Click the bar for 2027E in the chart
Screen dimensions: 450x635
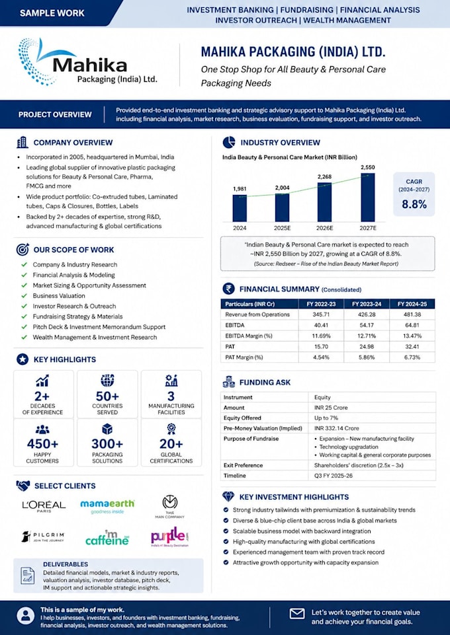(x=368, y=197)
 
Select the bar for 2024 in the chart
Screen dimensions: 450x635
(x=240, y=208)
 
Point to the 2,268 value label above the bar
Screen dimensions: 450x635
(x=324, y=176)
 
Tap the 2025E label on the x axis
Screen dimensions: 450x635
(x=282, y=228)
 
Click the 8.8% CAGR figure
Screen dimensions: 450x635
(x=414, y=204)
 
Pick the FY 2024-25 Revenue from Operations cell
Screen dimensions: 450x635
(x=412, y=315)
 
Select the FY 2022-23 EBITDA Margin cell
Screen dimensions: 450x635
(x=321, y=336)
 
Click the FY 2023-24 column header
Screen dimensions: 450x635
(x=367, y=304)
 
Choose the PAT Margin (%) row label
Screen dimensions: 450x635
(x=244, y=357)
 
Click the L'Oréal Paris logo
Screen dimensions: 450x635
(x=44, y=506)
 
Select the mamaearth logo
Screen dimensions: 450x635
(x=107, y=506)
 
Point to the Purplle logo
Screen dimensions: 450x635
(x=170, y=537)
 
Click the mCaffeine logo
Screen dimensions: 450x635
(x=107, y=538)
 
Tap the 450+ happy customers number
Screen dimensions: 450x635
(x=42, y=444)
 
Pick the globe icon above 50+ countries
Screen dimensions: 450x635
(x=107, y=380)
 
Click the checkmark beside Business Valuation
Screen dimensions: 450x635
(x=24, y=295)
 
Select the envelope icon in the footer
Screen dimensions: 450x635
(x=297, y=614)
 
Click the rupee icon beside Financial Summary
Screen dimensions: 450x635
(x=228, y=289)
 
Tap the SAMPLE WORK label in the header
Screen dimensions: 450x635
(x=52, y=13)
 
